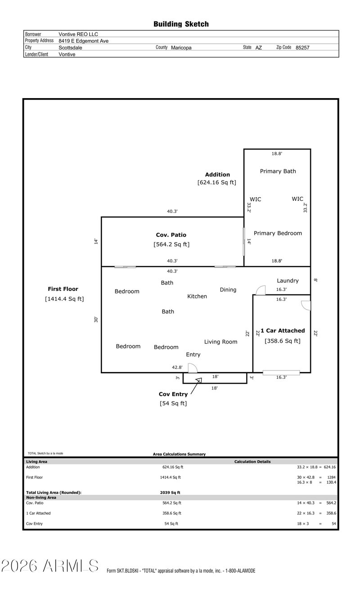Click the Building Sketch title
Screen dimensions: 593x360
(x=181, y=24)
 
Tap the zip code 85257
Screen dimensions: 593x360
(x=302, y=47)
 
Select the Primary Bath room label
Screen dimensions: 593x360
(x=278, y=171)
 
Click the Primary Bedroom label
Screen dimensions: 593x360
(x=278, y=233)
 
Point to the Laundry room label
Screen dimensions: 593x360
(x=288, y=281)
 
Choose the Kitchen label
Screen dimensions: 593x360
(x=197, y=296)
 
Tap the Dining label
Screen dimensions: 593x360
(x=228, y=290)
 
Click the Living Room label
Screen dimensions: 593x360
(x=220, y=342)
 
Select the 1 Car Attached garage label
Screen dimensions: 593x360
(x=283, y=330)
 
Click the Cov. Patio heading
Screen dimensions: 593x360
(x=171, y=235)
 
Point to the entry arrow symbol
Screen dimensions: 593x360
(x=198, y=380)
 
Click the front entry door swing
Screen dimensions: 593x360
(x=193, y=368)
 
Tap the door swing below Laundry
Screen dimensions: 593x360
(x=260, y=290)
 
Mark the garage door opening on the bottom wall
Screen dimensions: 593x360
(x=281, y=372)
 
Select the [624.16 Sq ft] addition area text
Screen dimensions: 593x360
(x=216, y=182)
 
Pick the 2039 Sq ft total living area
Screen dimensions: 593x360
(x=167, y=493)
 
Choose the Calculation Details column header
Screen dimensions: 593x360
(x=252, y=462)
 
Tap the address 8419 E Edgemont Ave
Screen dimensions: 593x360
(x=83, y=41)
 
